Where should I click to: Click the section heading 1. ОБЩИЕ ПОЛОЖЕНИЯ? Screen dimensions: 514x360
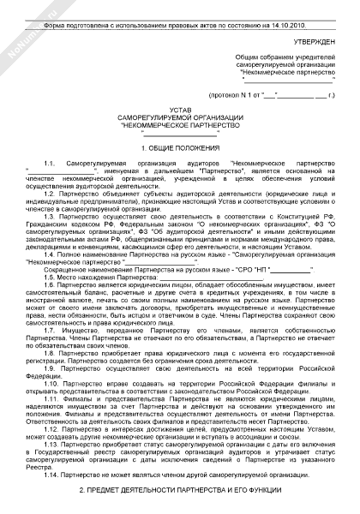click(x=180, y=148)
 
